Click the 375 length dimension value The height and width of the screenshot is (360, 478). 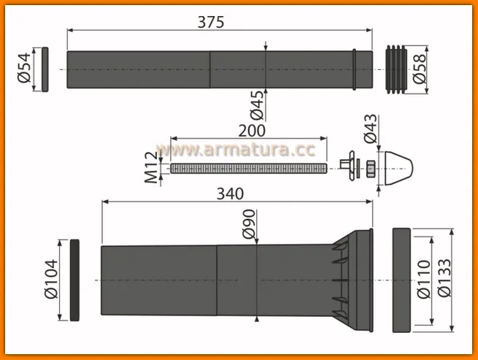(x=211, y=22)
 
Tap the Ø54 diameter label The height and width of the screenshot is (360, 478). (x=24, y=68)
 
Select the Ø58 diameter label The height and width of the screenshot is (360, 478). (x=419, y=69)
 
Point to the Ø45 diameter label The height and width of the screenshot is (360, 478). (x=257, y=105)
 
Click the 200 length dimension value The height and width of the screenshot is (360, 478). (x=252, y=131)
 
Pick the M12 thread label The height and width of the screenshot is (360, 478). (x=152, y=167)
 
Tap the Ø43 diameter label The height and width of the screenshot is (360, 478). (x=371, y=129)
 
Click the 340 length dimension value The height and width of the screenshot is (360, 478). (x=230, y=194)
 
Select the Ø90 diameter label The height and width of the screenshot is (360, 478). (x=249, y=223)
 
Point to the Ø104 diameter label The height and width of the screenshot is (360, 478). (x=51, y=279)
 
